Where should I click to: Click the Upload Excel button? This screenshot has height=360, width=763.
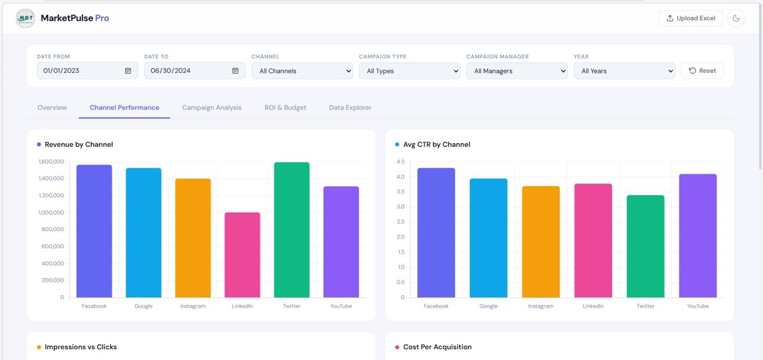[690, 18]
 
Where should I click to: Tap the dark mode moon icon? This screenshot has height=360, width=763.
[736, 18]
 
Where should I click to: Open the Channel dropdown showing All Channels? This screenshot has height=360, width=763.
[302, 71]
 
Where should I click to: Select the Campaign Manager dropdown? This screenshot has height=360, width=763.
[517, 71]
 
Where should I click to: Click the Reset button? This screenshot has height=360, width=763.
[702, 70]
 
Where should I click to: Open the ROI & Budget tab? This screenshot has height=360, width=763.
[286, 107]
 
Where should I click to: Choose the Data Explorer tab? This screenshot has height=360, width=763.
[350, 107]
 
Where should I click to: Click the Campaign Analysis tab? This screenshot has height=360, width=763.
[212, 107]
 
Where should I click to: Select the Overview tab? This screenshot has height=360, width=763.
[52, 107]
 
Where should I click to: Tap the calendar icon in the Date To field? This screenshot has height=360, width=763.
[235, 70]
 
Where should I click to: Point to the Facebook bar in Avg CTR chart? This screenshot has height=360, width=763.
[436, 232]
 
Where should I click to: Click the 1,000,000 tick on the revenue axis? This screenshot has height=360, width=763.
[51, 212]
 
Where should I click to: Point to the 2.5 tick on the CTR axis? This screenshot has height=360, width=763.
[401, 222]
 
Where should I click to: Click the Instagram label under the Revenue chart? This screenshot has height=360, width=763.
[193, 306]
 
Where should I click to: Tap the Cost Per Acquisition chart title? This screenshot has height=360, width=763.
[437, 347]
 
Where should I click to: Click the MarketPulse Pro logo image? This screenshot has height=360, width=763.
[25, 18]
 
